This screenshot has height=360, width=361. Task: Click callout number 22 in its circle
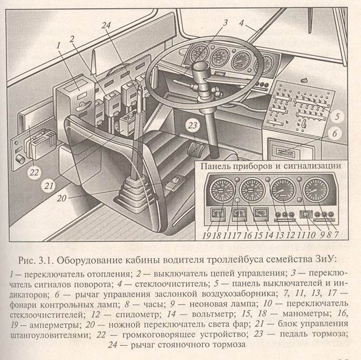point(34,172)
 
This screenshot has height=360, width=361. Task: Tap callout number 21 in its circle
point(48,186)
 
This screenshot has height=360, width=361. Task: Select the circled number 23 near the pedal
point(193,126)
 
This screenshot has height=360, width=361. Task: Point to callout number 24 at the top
point(106,25)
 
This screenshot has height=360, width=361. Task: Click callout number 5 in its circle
point(337,116)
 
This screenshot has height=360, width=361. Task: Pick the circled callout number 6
point(334,133)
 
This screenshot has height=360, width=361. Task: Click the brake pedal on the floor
point(195,150)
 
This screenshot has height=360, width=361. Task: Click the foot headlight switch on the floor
point(175,183)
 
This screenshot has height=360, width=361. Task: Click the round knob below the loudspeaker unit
point(20,159)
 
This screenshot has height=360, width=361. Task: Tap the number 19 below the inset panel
point(206,235)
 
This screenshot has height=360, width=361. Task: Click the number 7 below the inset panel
point(336,235)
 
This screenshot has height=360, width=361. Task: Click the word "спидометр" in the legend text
point(137,314)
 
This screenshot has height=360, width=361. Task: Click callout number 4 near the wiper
point(241,23)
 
